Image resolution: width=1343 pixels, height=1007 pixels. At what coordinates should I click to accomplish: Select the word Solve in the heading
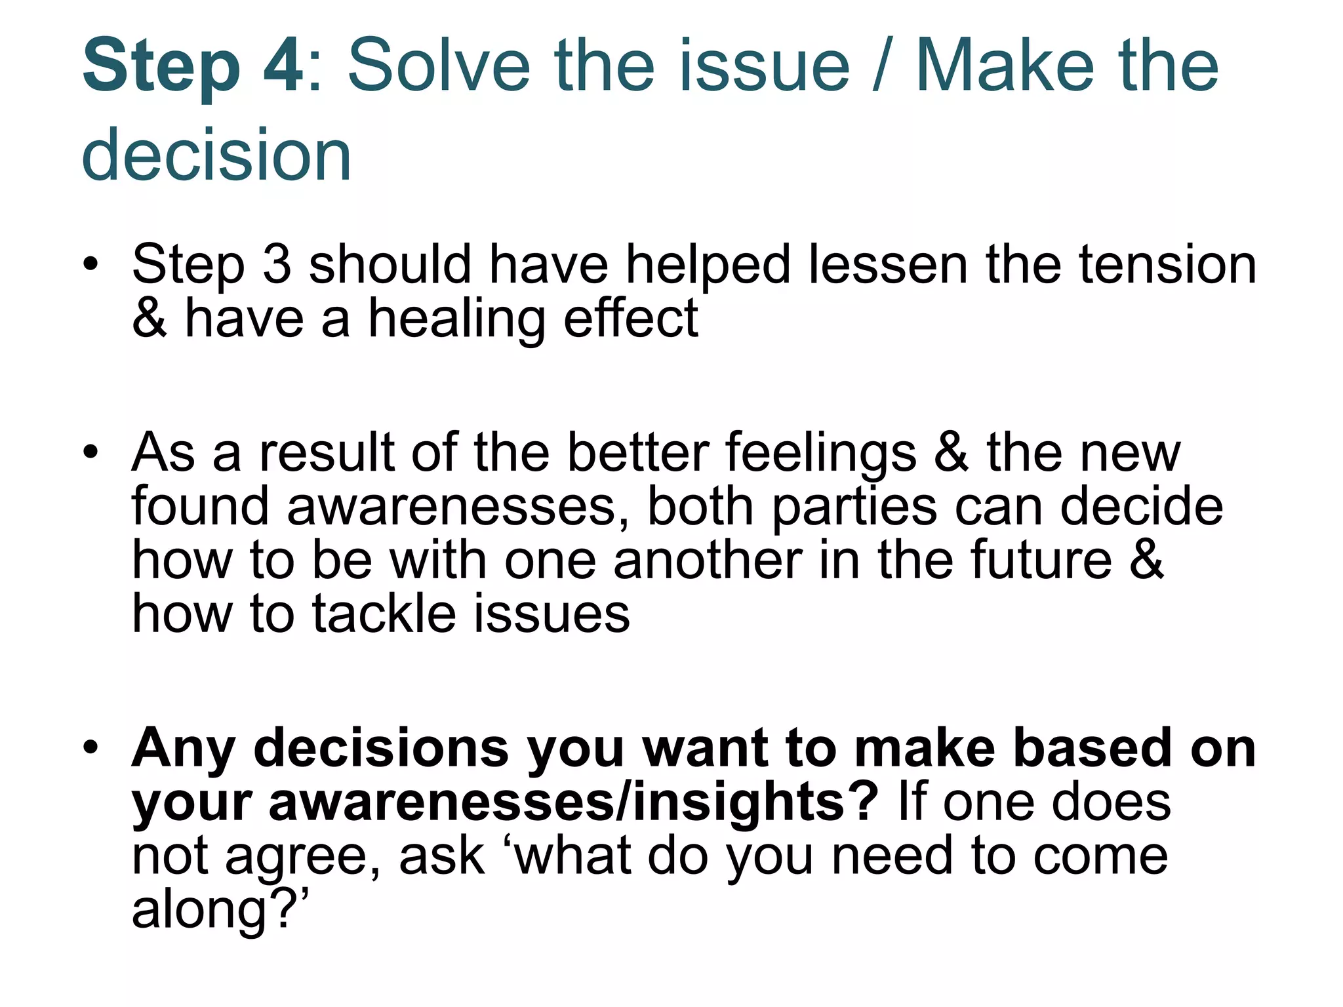[x=438, y=66]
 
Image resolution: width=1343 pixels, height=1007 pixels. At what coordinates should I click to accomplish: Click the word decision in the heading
[x=216, y=155]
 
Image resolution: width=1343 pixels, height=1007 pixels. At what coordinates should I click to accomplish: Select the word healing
[x=456, y=319]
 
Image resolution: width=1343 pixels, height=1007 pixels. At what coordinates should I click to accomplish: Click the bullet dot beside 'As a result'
[x=90, y=452]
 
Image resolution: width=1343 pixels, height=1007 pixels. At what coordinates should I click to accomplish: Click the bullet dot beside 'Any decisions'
[x=90, y=747]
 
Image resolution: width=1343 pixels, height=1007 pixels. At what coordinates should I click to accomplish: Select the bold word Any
[x=183, y=749]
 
